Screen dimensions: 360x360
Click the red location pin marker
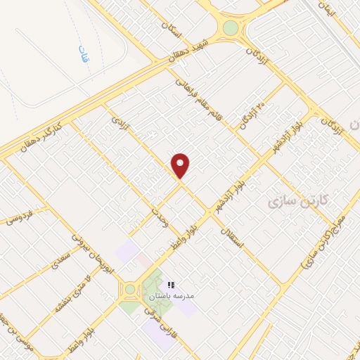(x=181, y=165)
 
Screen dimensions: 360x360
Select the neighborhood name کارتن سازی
(x=295, y=203)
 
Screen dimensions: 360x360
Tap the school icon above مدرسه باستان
(x=170, y=285)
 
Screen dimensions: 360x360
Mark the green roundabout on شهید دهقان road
(x=231, y=29)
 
